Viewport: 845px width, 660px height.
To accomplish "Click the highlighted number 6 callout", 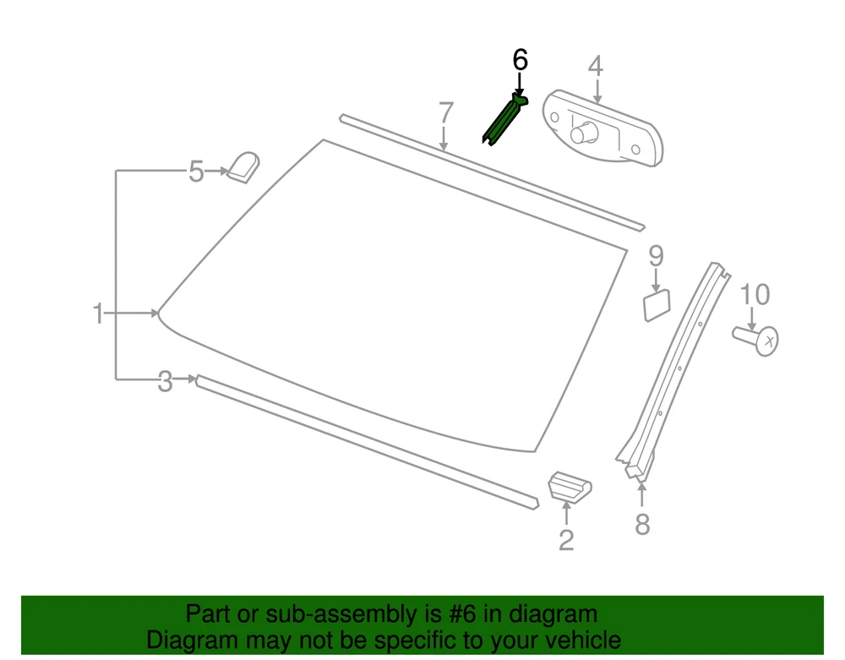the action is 520,59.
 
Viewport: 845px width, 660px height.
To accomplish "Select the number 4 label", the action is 595,66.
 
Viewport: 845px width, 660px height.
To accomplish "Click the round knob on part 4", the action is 584,133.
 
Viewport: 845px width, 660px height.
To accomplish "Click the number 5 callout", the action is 196,172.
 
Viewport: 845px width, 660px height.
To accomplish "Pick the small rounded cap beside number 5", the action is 243,167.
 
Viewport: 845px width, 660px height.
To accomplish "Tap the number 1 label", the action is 97,314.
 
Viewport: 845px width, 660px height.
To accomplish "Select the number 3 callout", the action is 165,381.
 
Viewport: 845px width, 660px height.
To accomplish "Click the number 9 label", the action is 656,255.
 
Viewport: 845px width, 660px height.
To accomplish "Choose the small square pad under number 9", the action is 657,305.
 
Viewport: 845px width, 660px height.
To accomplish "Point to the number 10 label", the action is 755,294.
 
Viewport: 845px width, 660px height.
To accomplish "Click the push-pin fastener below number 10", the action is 755,339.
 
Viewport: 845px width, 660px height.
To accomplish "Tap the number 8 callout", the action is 642,524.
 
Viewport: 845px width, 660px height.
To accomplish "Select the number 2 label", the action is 566,540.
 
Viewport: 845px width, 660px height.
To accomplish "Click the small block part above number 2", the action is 569,487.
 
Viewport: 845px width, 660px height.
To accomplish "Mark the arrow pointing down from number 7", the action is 444,138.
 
